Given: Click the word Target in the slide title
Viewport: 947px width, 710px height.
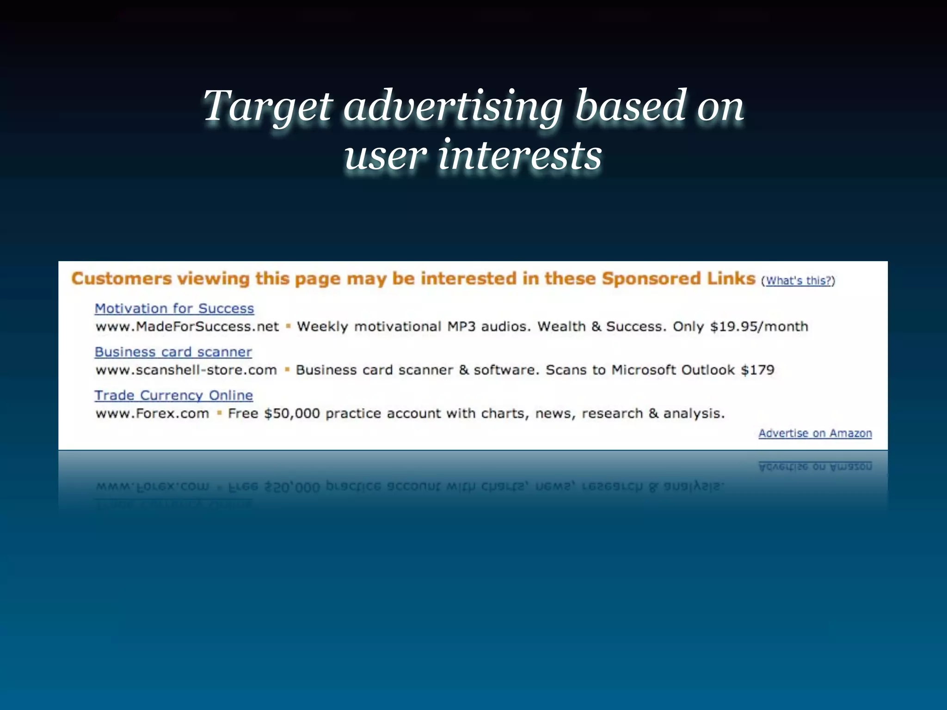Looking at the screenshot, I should click(267, 106).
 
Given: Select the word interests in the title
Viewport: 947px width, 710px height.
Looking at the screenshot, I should click(520, 155).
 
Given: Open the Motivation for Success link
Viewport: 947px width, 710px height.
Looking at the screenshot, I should click(174, 308).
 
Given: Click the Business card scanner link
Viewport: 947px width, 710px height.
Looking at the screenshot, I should click(173, 352).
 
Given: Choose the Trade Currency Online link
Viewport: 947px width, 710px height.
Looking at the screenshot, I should click(174, 395).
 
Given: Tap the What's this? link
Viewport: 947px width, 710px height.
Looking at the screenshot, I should click(798, 281).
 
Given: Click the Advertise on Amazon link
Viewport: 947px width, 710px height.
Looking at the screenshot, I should click(815, 433).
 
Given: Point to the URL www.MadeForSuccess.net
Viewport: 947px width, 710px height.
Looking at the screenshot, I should click(187, 327).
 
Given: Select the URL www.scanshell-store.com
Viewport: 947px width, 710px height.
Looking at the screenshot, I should click(186, 370).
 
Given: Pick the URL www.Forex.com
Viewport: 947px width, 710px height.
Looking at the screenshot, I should click(153, 413).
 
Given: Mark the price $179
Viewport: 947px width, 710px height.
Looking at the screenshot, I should click(757, 370).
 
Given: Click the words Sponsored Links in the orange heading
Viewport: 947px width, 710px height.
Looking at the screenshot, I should click(678, 279).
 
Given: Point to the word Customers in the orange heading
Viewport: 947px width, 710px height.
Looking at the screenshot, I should click(122, 279).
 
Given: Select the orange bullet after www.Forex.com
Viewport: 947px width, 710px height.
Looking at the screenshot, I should click(219, 413).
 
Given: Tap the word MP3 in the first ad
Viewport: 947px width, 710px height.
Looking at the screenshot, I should click(461, 327).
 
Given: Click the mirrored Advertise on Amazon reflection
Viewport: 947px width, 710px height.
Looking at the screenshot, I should click(815, 467).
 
